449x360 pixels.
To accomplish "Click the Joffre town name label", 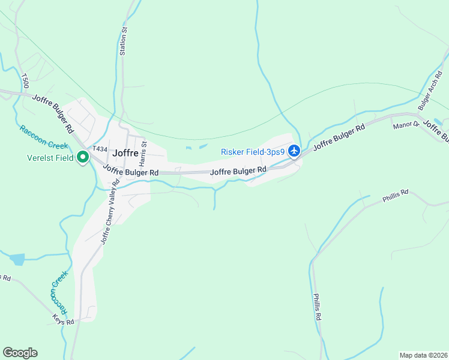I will [125, 152].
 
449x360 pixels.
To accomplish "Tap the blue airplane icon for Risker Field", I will [294, 151].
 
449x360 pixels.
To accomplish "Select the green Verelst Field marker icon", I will [83, 158].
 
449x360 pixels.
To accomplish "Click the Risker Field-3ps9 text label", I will [253, 152].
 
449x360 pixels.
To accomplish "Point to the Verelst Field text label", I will [50, 158].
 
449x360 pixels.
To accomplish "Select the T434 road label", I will [100, 149].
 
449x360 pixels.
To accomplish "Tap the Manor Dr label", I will [404, 126].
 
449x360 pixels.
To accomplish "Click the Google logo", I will [20, 353].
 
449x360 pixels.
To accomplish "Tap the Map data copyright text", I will [424, 355].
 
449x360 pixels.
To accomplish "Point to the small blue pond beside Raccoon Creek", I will [17, 259].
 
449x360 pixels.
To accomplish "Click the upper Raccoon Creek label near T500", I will [35, 137].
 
